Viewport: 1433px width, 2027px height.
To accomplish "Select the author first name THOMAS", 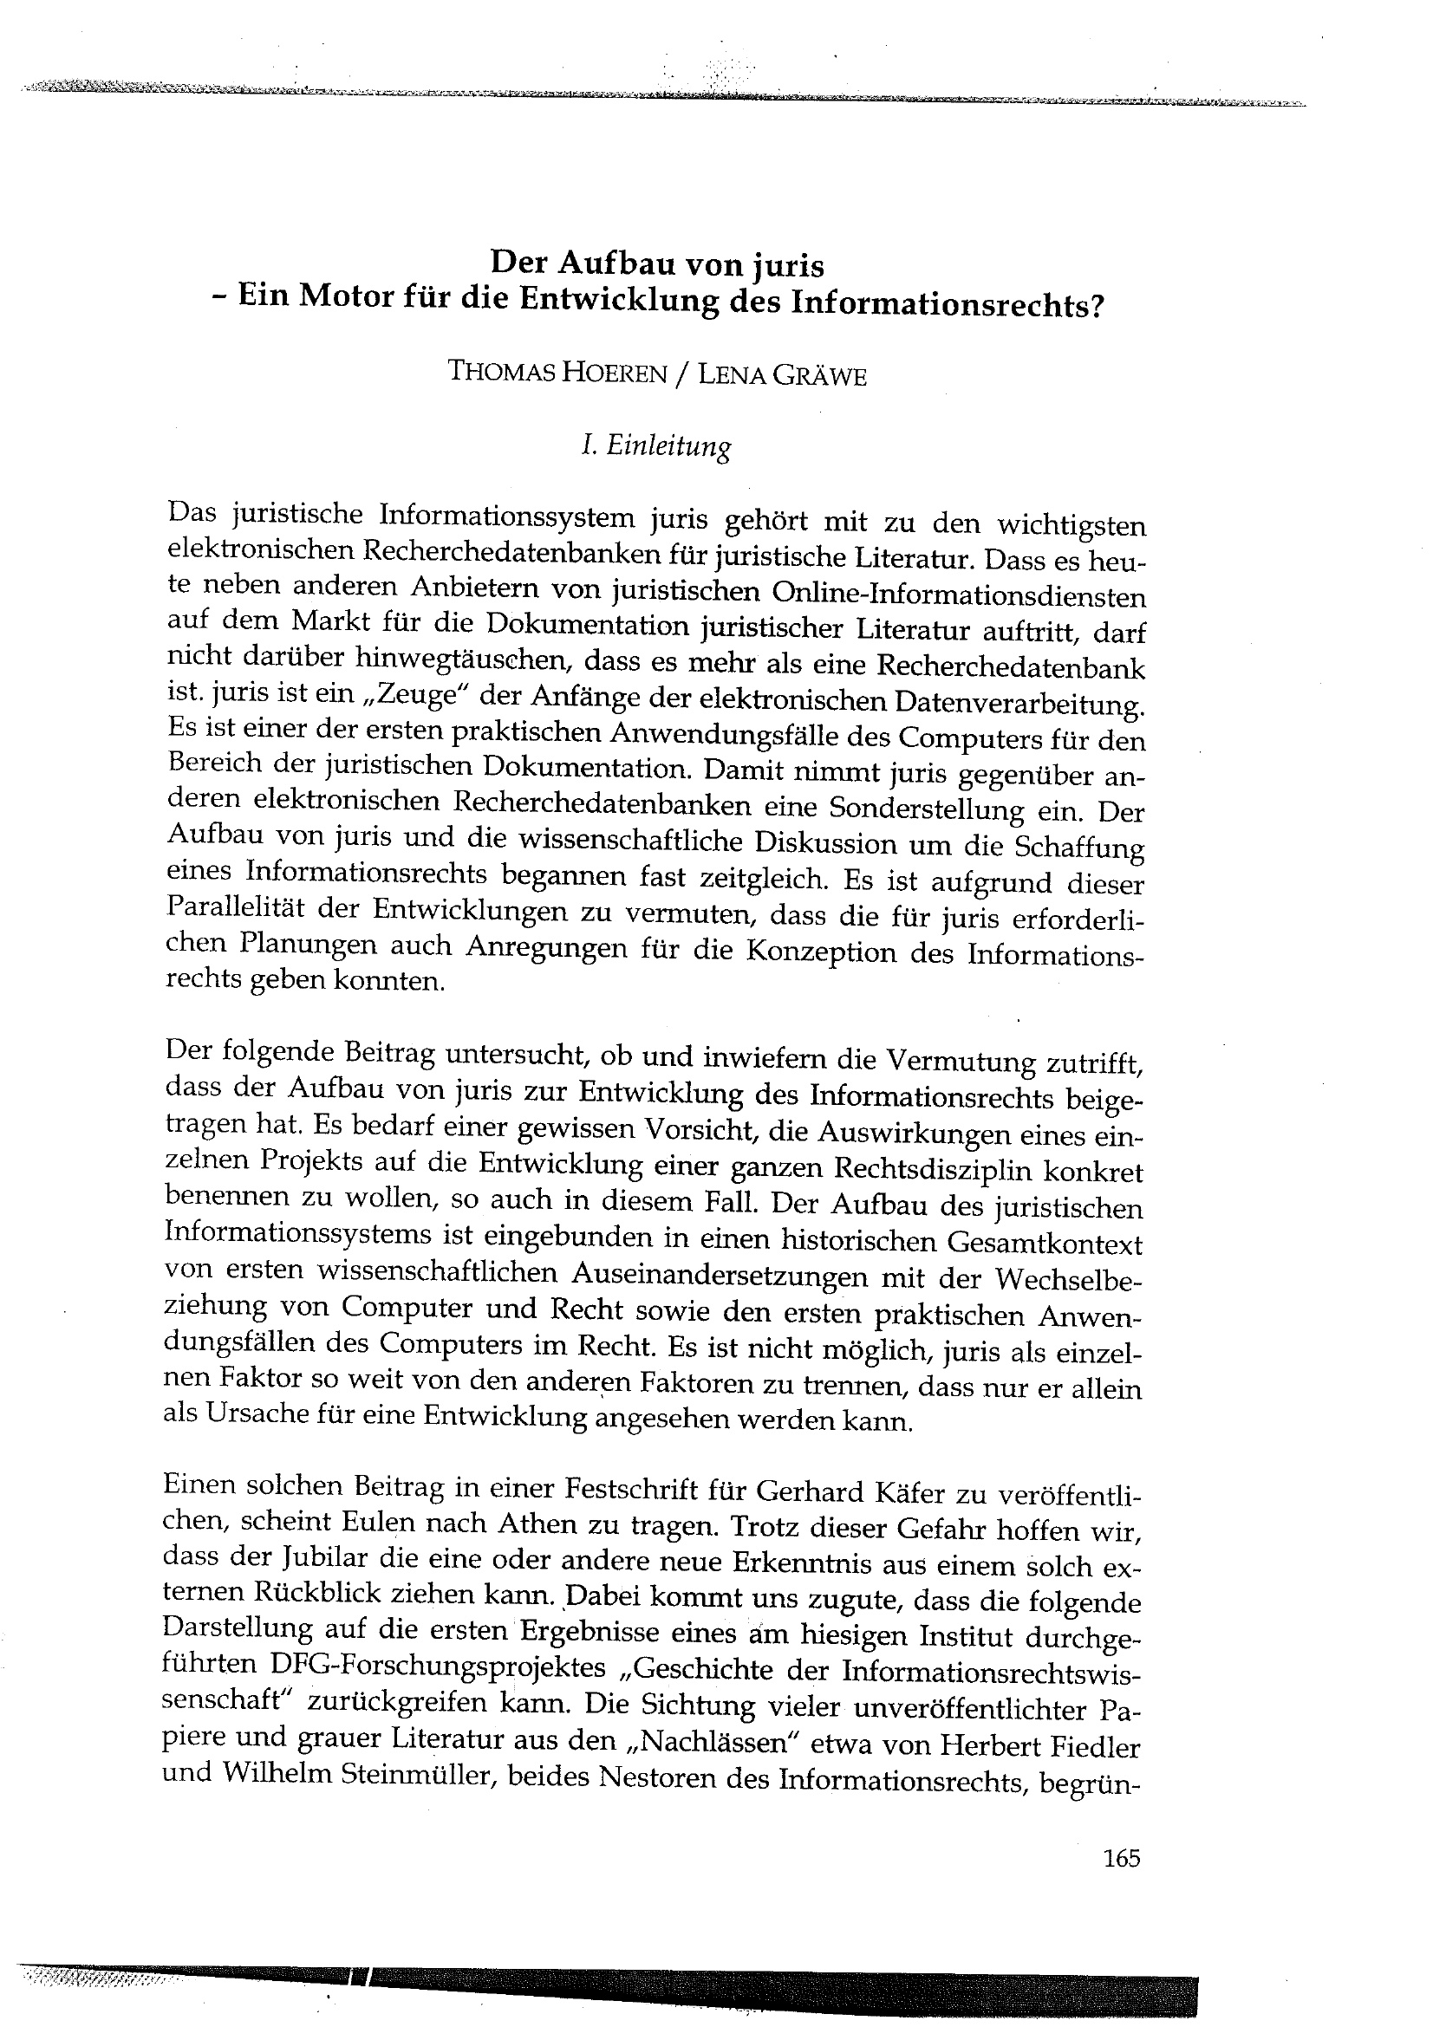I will pyautogui.click(x=501, y=372).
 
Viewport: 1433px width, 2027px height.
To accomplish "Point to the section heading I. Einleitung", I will pyautogui.click(x=656, y=446).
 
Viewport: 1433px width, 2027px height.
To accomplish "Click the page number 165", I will pyautogui.click(x=1122, y=1858).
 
